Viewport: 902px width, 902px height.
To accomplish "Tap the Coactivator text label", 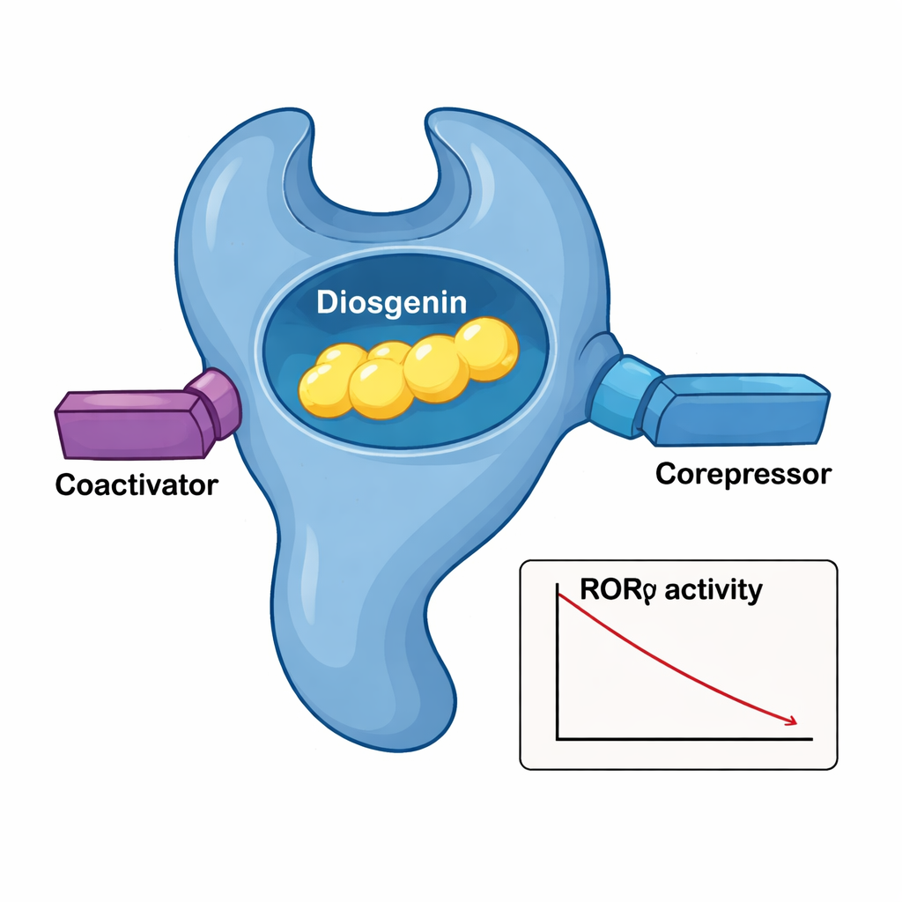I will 136,484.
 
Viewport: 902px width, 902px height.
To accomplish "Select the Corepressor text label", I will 743,474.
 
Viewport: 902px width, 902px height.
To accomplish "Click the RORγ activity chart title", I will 669,590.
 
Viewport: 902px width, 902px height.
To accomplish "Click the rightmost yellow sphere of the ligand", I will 486,347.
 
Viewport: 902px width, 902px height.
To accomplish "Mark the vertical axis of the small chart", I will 558,661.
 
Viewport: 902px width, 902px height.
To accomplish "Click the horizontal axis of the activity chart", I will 687,740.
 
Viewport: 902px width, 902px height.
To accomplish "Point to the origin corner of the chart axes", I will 558,740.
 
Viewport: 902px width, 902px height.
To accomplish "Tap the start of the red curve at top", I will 562,596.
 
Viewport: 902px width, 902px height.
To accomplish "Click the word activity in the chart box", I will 713,590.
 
